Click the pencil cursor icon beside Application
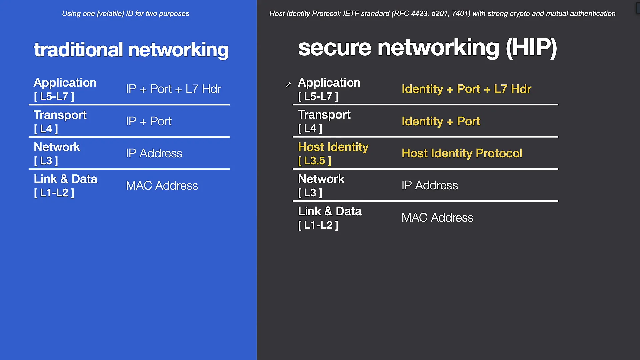pyautogui.click(x=288, y=85)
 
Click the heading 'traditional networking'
pyautogui.click(x=131, y=50)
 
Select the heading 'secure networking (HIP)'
pyautogui.click(x=427, y=47)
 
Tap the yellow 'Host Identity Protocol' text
pyautogui.click(x=462, y=153)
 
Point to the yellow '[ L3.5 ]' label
pyautogui.click(x=314, y=161)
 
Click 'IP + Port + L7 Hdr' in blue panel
pyautogui.click(x=173, y=89)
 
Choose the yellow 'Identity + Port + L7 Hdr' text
pyautogui.click(x=466, y=89)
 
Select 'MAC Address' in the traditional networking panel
pyautogui.click(x=162, y=186)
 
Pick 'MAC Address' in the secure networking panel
pyautogui.click(x=437, y=218)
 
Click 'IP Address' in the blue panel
pyautogui.click(x=154, y=153)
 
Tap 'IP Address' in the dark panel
pyautogui.click(x=430, y=185)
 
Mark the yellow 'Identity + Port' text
pyautogui.click(x=441, y=121)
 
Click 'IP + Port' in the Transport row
pyautogui.click(x=149, y=121)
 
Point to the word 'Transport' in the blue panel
pyautogui.click(x=60, y=115)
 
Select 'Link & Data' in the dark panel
pyautogui.click(x=330, y=211)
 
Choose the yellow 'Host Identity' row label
pyautogui.click(x=333, y=147)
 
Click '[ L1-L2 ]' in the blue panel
pyautogui.click(x=54, y=193)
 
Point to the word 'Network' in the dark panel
pyautogui.click(x=321, y=179)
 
